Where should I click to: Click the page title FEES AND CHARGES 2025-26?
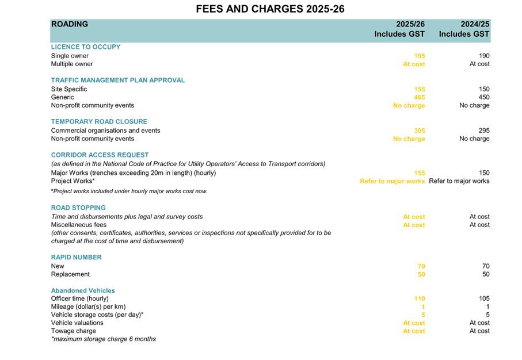click(x=270, y=9)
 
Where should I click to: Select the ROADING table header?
click(x=70, y=24)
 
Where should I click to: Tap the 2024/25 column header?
click(x=464, y=29)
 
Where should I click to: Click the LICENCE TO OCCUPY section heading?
click(x=86, y=47)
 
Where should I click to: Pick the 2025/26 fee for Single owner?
click(x=420, y=56)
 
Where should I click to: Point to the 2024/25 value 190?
click(x=484, y=56)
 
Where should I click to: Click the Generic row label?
click(x=62, y=97)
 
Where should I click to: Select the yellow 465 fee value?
click(x=420, y=97)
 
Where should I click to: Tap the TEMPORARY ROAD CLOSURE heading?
click(x=99, y=121)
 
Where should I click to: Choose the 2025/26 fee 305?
click(x=420, y=131)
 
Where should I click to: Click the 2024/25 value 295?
click(x=484, y=131)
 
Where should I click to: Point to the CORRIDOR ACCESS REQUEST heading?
click(x=100, y=155)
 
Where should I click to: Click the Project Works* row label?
click(x=73, y=181)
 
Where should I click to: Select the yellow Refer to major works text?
click(x=392, y=181)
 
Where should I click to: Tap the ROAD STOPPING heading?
click(x=78, y=208)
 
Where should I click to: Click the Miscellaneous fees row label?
click(x=79, y=225)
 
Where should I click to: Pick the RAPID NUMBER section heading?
click(x=76, y=257)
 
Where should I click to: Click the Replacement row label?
click(x=70, y=274)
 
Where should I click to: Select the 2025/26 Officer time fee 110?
click(x=420, y=298)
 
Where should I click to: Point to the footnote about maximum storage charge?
click(x=104, y=339)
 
